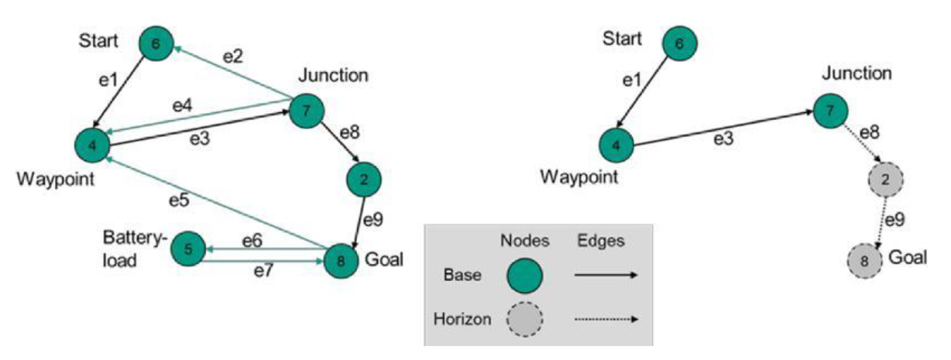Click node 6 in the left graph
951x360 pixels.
point(156,45)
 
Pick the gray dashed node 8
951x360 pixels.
point(866,260)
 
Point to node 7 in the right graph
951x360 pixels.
point(831,111)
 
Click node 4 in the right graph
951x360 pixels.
point(616,144)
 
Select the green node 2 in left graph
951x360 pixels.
point(364,178)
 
